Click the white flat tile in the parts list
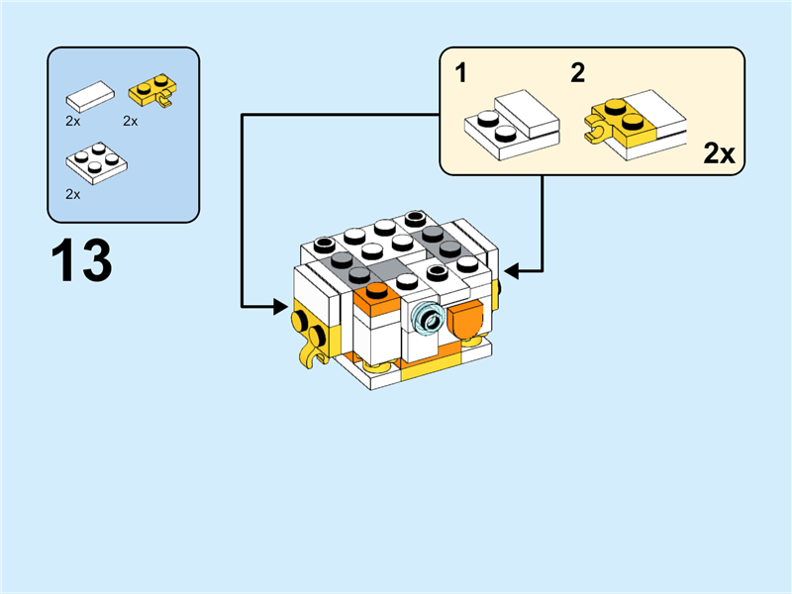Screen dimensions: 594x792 (90, 97)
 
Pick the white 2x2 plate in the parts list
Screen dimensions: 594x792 (95, 163)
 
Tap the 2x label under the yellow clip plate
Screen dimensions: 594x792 (130, 121)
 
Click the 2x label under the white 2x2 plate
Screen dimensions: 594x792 (72, 194)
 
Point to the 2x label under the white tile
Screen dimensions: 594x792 (72, 121)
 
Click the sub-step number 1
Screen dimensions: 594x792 (461, 72)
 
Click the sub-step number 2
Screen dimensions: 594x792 (578, 72)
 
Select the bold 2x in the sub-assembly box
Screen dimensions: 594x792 (719, 153)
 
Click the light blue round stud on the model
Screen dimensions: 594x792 (429, 318)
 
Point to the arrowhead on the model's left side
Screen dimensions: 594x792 (280, 308)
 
